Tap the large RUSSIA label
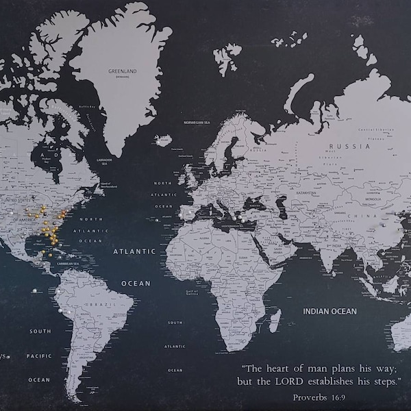click(x=340, y=146)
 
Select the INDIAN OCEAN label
click(x=330, y=312)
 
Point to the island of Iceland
click(x=163, y=140)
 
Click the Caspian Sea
click(x=282, y=206)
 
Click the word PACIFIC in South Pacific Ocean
click(x=39, y=356)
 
